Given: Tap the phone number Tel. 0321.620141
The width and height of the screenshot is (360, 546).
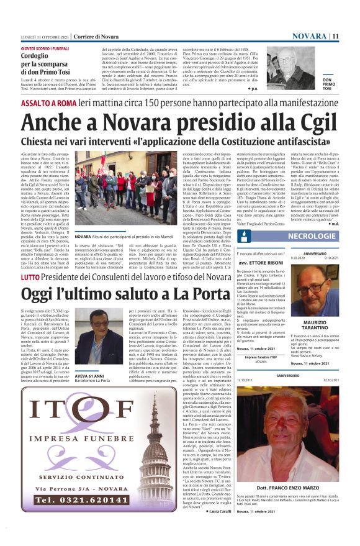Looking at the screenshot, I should (74, 517).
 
